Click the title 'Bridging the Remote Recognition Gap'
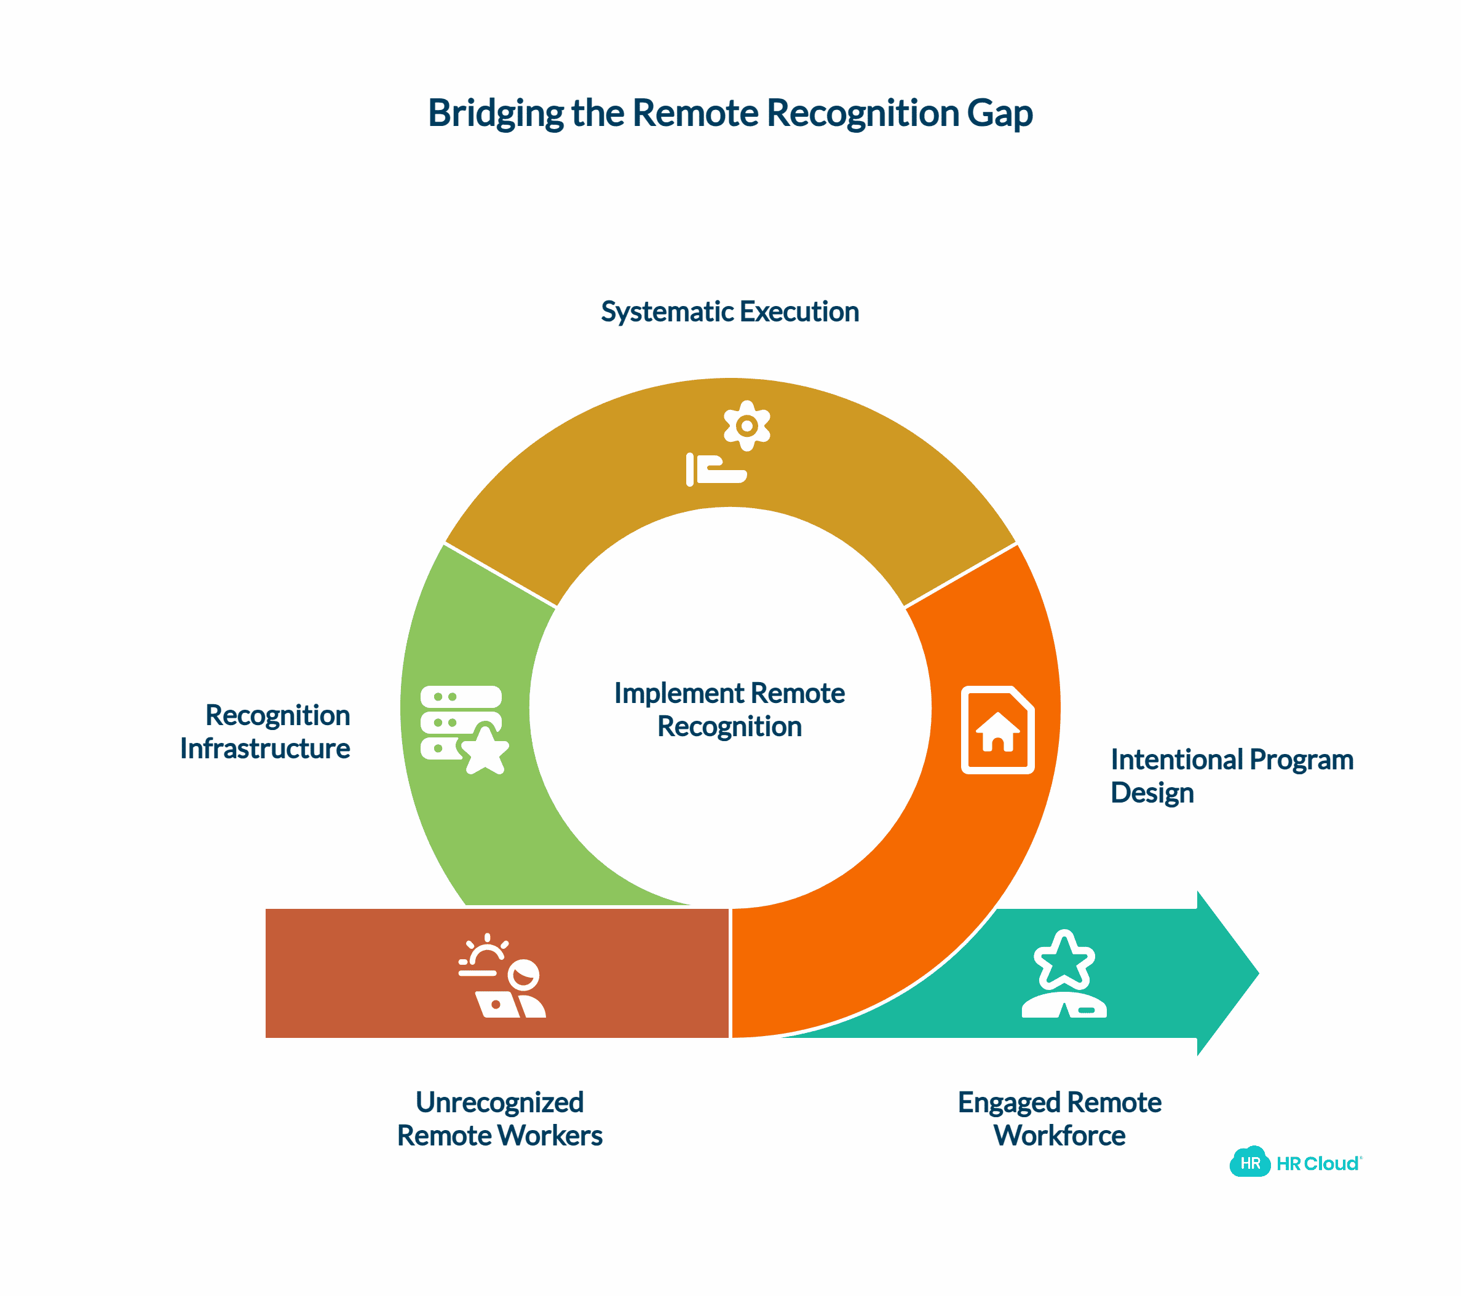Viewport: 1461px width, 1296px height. (730, 113)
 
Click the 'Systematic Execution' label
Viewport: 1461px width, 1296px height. (730, 312)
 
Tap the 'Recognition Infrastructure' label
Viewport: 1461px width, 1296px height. (265, 732)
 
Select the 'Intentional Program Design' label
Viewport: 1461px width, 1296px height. (1231, 776)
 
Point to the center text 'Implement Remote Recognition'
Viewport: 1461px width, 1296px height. (730, 709)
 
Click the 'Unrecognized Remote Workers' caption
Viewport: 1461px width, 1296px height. (500, 1119)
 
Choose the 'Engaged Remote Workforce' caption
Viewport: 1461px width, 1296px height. (1059, 1119)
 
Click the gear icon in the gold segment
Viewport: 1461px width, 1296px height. (747, 426)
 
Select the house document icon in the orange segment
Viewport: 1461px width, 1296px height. (998, 729)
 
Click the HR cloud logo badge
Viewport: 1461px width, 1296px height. (1249, 1163)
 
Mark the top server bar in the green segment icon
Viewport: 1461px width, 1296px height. (461, 697)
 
